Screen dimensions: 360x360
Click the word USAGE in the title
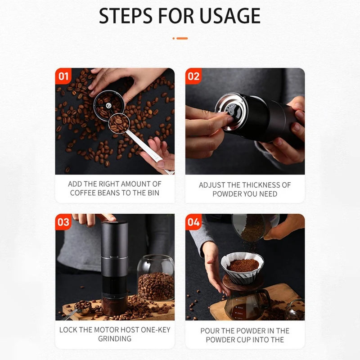pos(230,16)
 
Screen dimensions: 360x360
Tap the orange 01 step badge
pos(63,76)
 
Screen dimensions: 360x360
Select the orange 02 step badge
pos(193,76)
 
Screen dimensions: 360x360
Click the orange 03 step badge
pos(63,222)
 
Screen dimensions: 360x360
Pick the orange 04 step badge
pos(193,222)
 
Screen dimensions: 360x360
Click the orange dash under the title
pos(182,38)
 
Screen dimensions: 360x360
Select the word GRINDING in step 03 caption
pos(115,339)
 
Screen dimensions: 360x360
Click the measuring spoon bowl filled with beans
pos(119,123)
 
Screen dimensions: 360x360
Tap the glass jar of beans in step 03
pos(156,278)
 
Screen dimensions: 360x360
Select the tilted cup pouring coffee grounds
pos(255,227)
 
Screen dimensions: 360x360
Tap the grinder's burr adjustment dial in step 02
pos(231,111)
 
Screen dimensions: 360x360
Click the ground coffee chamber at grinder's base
pos(114,306)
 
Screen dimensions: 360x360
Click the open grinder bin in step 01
pos(108,106)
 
